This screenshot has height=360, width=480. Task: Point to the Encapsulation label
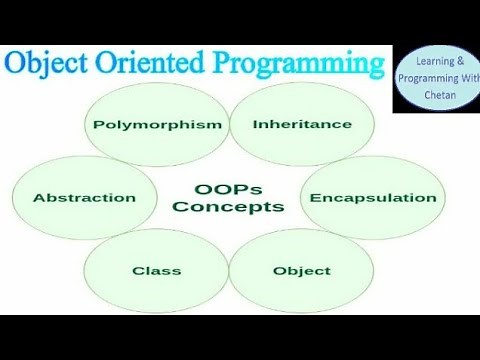372,198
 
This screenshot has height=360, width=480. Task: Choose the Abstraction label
84,198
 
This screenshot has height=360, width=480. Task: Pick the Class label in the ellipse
156,271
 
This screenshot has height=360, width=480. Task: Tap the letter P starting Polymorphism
98,125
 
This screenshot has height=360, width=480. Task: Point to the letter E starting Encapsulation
314,198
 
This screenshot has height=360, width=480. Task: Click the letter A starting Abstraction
38,198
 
